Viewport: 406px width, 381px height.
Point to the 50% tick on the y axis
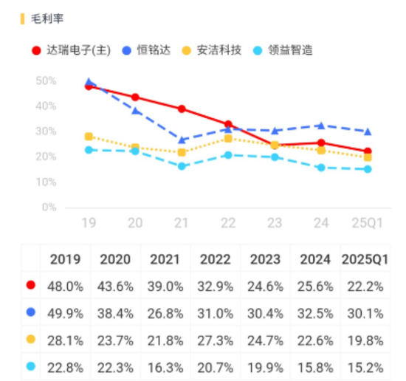click(x=46, y=80)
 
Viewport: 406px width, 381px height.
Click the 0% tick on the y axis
click(x=49, y=207)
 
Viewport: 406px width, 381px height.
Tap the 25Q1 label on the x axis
click(x=367, y=223)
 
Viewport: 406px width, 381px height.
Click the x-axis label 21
click(x=182, y=223)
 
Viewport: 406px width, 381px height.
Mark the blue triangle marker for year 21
click(x=182, y=140)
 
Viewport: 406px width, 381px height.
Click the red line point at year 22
click(x=228, y=124)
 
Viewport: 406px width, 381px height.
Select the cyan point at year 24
click(x=321, y=168)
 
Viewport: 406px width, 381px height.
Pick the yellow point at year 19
click(x=89, y=137)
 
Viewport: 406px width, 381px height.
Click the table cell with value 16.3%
click(x=165, y=365)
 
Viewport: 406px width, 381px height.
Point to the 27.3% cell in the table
click(x=216, y=338)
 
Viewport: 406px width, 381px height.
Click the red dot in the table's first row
click(x=30, y=285)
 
